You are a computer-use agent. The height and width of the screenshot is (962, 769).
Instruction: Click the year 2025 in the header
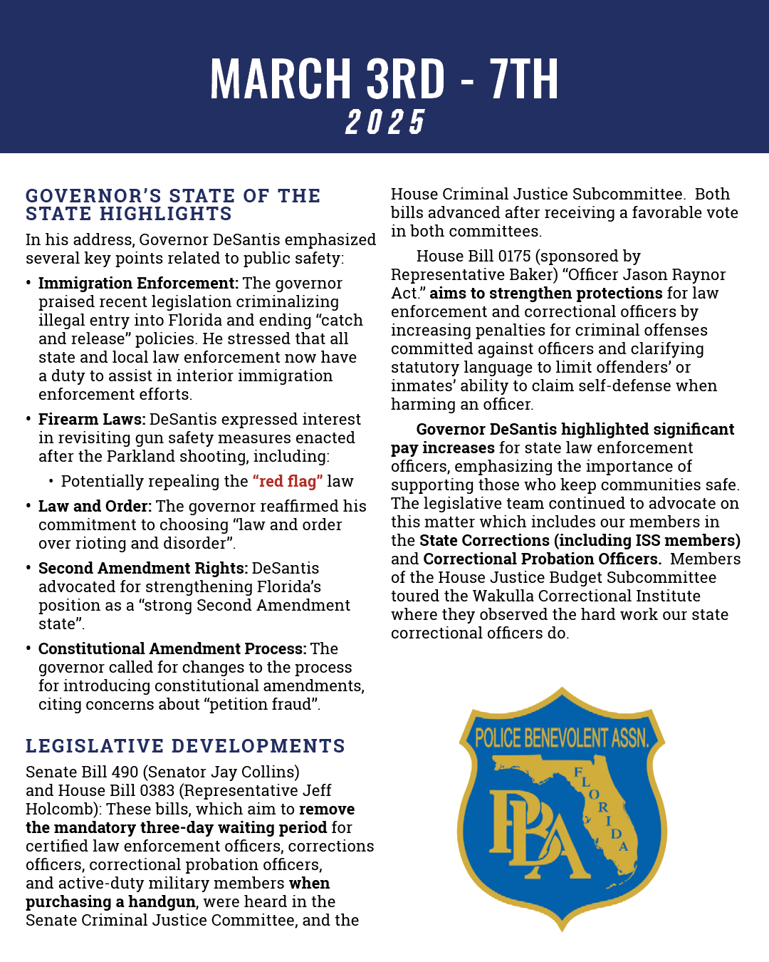(385, 122)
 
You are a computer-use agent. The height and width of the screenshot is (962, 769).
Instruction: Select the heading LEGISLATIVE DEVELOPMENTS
(185, 746)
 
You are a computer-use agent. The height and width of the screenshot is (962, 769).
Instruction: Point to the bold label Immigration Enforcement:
(138, 284)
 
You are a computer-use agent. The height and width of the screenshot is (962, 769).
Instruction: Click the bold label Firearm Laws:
(92, 420)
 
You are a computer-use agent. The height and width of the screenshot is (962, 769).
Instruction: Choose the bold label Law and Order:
(95, 507)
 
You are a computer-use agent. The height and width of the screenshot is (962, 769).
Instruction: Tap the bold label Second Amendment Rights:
(143, 569)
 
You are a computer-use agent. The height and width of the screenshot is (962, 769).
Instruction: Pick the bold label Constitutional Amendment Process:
(172, 649)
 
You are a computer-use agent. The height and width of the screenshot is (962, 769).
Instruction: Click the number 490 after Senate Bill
(124, 772)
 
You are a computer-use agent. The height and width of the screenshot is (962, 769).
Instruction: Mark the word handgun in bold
(162, 902)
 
